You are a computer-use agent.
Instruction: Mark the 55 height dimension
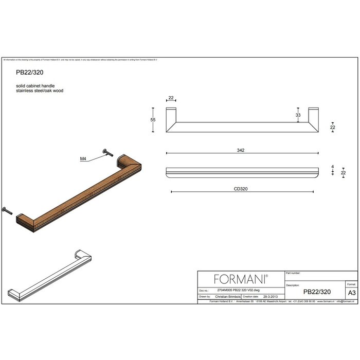tap(153, 119)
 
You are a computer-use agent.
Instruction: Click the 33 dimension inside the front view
tap(298, 115)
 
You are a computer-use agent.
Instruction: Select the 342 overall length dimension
tap(241, 150)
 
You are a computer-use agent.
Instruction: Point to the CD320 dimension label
tap(241, 189)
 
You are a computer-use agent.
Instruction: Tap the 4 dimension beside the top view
tap(333, 167)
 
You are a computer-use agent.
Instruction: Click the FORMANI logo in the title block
tap(241, 279)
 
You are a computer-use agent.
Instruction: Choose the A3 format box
tap(351, 292)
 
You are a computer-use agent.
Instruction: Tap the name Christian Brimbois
tap(228, 297)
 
